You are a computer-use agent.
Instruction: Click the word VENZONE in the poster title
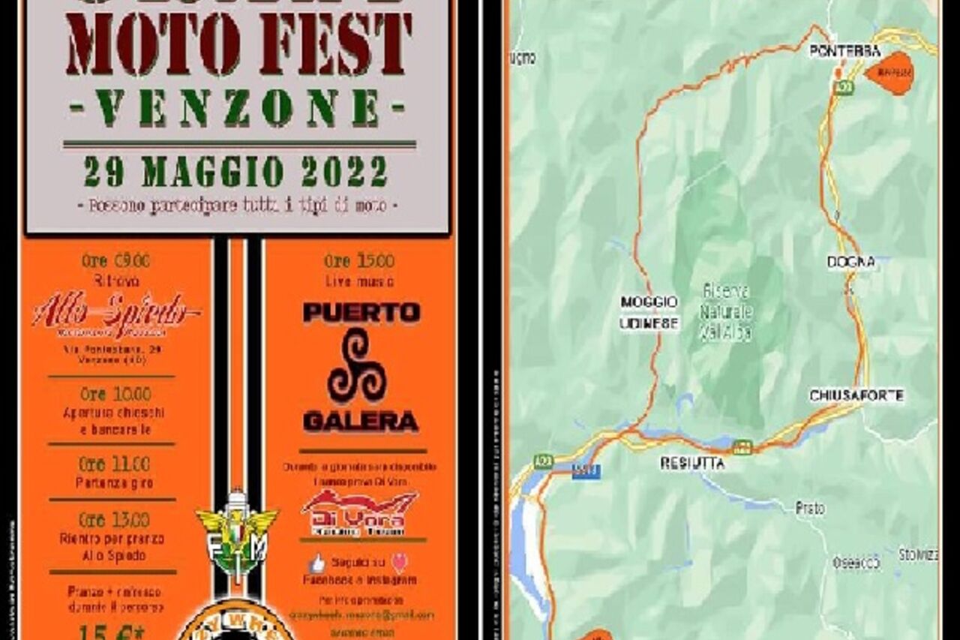237,107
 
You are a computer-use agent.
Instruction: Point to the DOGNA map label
850,262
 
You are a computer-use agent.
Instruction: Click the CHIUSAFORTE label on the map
856,395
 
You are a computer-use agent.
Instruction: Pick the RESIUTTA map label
692,464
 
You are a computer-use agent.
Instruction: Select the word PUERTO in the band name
361,312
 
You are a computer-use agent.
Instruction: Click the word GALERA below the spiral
361,422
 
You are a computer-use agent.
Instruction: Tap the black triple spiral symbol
356,366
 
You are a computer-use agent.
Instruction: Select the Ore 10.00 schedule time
115,394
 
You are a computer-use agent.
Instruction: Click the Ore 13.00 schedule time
114,520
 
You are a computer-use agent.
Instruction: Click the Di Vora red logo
360,513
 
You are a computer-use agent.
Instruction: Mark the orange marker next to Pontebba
890,73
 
